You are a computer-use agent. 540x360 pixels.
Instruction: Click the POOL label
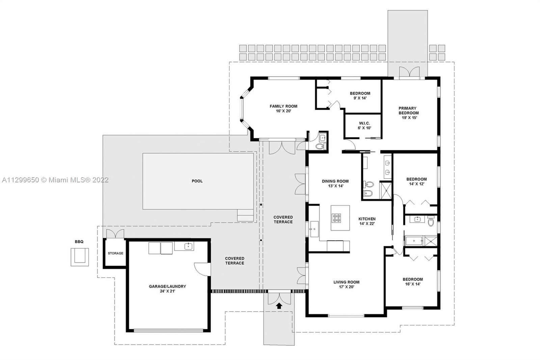click(x=197, y=181)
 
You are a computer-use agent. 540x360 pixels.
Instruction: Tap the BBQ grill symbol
click(x=80, y=257)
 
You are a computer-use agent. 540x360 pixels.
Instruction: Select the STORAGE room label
click(x=115, y=253)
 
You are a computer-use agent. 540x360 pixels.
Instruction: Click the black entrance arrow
click(x=279, y=306)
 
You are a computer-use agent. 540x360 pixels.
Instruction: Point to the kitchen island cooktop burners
click(x=336, y=218)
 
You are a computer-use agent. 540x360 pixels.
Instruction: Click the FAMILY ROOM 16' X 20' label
click(x=283, y=109)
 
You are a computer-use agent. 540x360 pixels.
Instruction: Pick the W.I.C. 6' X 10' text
click(x=364, y=126)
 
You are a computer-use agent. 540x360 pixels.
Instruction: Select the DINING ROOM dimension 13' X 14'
click(x=335, y=186)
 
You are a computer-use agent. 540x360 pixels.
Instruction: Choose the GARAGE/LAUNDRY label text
click(x=167, y=286)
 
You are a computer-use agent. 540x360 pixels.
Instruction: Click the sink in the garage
click(x=188, y=246)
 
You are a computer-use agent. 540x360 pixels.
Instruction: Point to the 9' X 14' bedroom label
click(x=360, y=96)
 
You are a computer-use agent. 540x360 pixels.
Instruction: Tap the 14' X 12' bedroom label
click(x=416, y=181)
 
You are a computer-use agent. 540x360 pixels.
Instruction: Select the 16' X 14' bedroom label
click(x=413, y=282)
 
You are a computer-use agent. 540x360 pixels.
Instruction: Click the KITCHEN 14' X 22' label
click(x=367, y=221)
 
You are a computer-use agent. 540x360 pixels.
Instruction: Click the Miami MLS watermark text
click(x=55, y=180)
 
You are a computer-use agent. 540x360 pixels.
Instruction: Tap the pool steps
click(x=245, y=215)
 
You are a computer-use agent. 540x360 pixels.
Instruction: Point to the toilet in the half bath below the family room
click(x=320, y=147)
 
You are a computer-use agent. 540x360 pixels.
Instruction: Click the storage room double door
click(x=115, y=234)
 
